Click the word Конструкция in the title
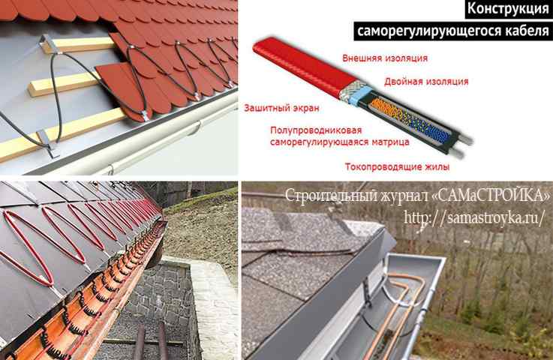[508, 8]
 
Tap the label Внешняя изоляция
[385, 58]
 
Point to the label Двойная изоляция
[426, 82]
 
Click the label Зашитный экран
[281, 108]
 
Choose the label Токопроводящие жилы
[397, 166]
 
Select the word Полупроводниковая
[316, 130]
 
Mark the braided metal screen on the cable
[349, 89]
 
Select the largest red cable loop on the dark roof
[29, 247]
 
